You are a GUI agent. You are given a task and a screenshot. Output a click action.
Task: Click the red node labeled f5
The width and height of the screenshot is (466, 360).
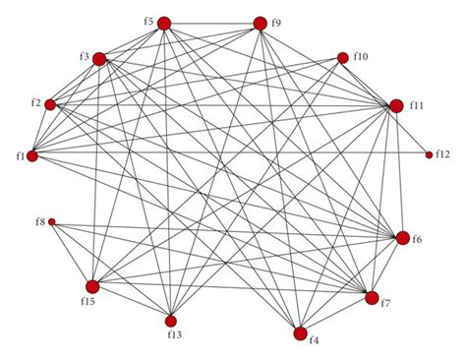point(164,22)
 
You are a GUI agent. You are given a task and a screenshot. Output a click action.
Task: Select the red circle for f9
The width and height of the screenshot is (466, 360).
point(261,24)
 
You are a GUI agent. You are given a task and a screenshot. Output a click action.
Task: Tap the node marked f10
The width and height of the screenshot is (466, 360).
point(343,58)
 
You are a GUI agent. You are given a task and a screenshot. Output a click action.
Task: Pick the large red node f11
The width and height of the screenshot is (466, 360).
point(396,106)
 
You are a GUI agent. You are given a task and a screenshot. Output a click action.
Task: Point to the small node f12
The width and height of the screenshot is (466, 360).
point(429,154)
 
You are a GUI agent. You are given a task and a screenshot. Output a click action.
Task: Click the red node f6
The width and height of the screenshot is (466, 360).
point(402,237)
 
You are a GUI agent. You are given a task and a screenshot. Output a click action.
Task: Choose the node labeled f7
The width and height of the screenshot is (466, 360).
point(372,297)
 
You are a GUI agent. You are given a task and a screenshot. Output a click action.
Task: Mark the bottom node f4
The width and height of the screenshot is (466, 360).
point(300,333)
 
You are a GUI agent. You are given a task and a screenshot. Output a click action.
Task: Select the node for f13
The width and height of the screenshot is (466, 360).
point(170,321)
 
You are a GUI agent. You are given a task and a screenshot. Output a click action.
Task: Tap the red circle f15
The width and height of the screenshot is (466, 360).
point(91,286)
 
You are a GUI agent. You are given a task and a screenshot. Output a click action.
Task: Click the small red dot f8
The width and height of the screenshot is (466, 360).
point(52,222)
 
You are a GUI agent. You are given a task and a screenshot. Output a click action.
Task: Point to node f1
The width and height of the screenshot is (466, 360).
point(32,155)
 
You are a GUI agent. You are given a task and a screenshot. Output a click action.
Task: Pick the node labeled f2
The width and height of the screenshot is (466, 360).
point(51,104)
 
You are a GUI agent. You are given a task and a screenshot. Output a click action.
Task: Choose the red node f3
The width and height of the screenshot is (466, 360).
point(99,59)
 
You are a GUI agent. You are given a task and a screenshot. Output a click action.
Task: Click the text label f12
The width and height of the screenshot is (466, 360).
point(443,154)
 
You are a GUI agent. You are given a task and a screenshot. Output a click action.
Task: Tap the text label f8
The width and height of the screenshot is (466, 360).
point(39,222)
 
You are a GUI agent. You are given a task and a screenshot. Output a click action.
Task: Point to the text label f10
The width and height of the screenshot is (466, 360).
point(361,57)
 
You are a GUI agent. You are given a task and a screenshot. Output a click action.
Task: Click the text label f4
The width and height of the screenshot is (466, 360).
point(314,341)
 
